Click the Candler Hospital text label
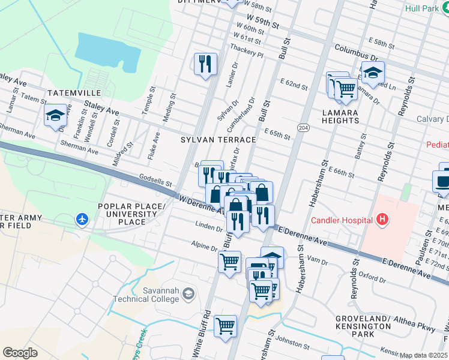342,220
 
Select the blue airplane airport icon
82,220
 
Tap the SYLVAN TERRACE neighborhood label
218,139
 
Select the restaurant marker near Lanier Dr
205,64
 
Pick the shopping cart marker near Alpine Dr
229,262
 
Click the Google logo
20,352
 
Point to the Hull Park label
423,8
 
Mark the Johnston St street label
290,338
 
